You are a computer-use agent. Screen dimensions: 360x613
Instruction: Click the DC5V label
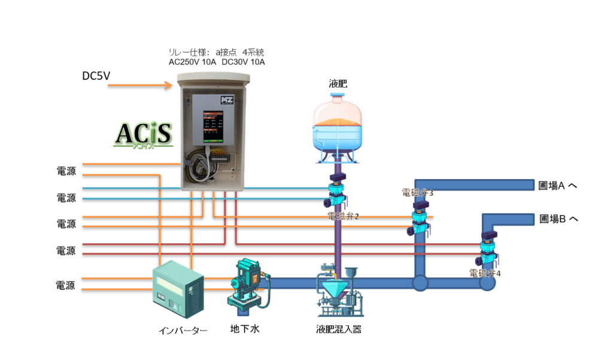click(x=96, y=76)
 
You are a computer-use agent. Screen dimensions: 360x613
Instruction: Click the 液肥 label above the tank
click(x=338, y=83)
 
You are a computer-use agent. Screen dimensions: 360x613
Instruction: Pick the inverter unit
click(x=178, y=291)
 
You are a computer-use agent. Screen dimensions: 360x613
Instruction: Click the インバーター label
click(x=183, y=330)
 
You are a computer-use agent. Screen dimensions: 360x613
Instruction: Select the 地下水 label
click(x=245, y=329)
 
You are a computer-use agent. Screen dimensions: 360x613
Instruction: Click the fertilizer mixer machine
click(x=338, y=294)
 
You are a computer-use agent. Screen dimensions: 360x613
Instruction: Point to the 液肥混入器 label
click(x=339, y=329)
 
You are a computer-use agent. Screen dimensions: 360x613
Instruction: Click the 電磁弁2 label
click(x=344, y=216)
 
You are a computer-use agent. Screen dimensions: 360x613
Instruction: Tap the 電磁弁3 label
click(x=417, y=193)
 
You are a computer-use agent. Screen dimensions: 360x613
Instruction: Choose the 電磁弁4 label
click(x=485, y=273)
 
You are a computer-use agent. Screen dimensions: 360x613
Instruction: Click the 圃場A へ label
click(x=558, y=186)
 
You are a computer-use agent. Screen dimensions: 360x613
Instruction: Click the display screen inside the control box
click(x=211, y=125)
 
